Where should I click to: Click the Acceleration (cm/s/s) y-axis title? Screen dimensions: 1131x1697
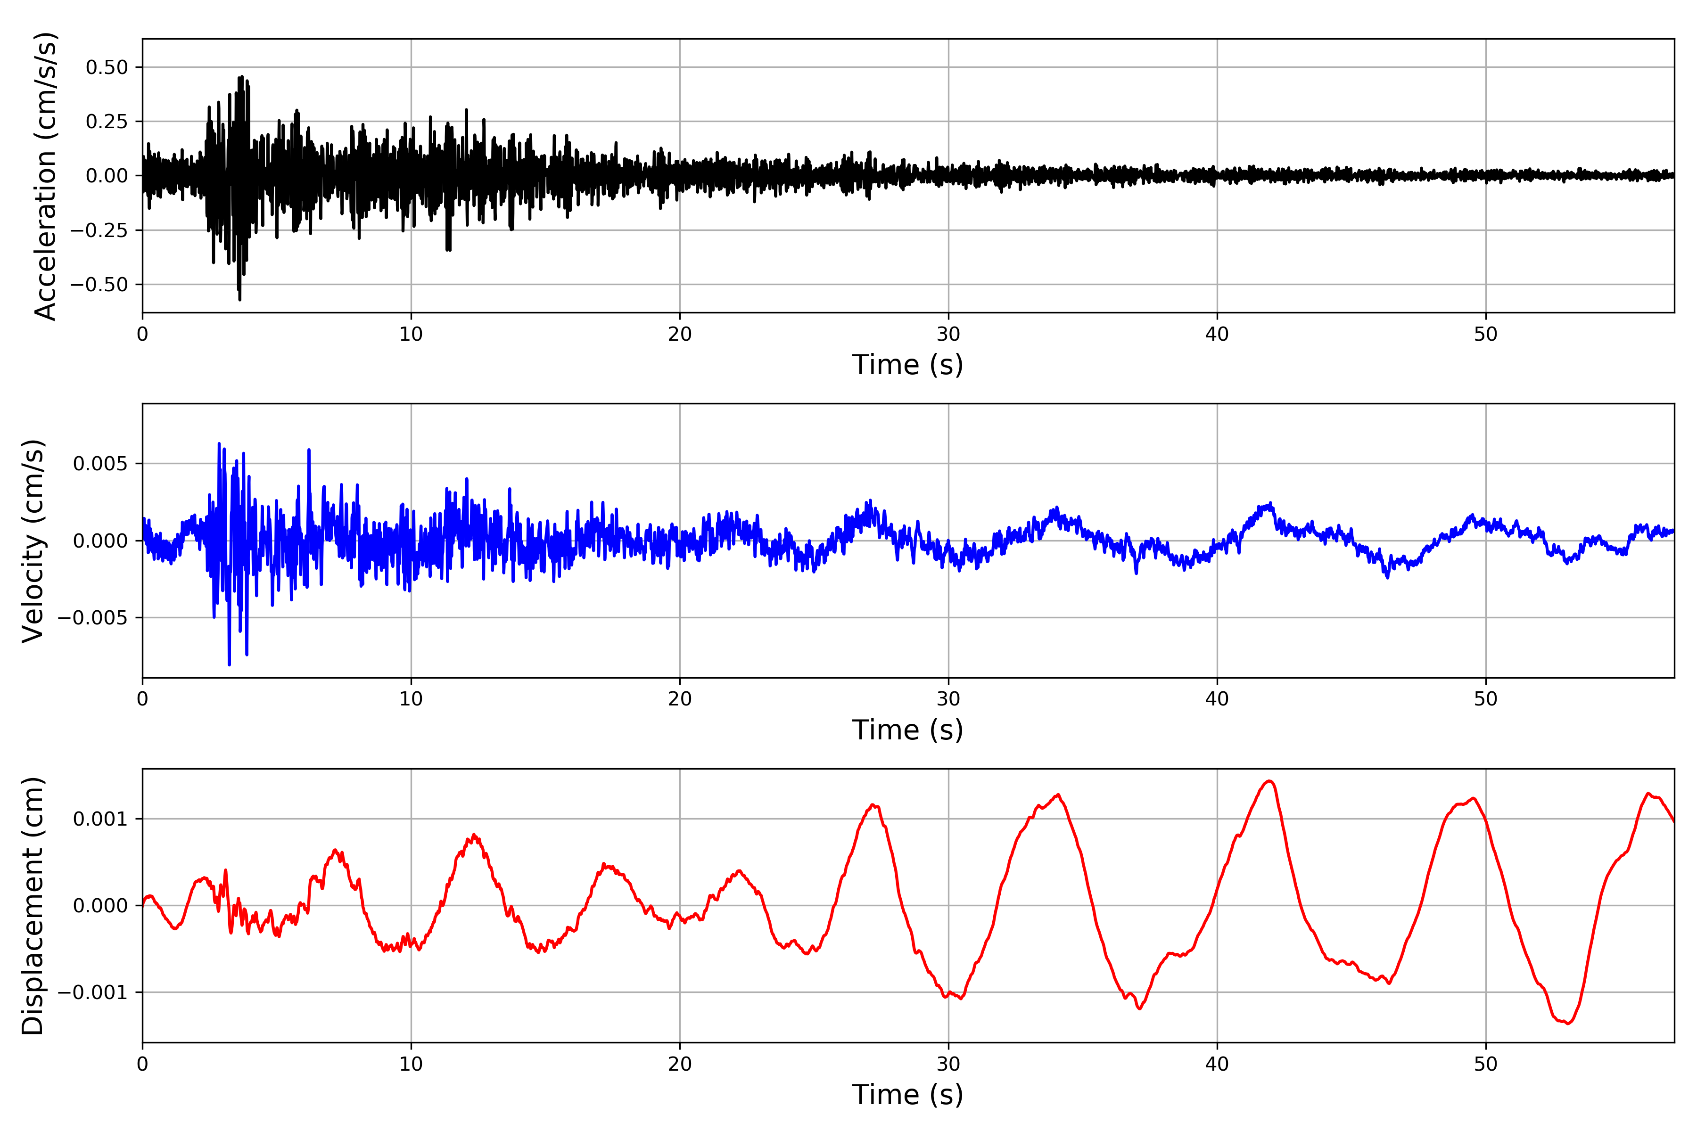coord(45,176)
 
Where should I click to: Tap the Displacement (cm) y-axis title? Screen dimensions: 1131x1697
coord(33,906)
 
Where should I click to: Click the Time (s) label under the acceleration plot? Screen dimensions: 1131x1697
coord(907,365)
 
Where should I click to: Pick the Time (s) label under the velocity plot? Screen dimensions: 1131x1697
coord(907,730)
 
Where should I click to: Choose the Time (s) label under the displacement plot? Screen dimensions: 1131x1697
coord(907,1095)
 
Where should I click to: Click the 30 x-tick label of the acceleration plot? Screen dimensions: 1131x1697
coord(948,334)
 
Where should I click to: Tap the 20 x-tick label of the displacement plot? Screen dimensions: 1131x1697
coord(680,1064)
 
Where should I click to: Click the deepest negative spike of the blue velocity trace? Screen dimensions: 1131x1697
coord(230,664)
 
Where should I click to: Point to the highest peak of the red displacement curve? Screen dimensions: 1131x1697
coord(1269,781)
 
